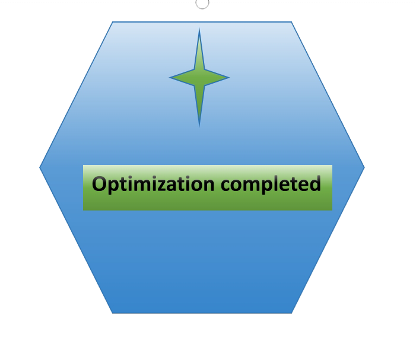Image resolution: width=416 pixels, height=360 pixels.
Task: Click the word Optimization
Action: point(154,184)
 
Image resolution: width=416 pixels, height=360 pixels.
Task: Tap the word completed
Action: point(271,185)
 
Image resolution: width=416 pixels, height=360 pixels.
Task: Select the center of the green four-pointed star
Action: point(199,78)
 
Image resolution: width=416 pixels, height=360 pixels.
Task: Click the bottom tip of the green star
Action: point(199,125)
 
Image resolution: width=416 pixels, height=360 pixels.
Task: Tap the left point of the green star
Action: point(170,78)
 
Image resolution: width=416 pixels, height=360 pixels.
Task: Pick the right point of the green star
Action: point(228,78)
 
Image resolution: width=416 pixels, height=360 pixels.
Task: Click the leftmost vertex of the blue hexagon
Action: point(40,167)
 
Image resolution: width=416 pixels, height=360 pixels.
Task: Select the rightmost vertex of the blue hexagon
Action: point(364,167)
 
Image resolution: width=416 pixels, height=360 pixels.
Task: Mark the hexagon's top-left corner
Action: point(113,23)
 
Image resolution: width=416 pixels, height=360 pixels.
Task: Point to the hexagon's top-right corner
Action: point(292,23)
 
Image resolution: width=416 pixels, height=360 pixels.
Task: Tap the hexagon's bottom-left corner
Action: point(113,313)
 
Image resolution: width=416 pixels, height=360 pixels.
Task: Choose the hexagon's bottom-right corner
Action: point(292,313)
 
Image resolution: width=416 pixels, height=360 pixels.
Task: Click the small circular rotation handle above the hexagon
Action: point(202,3)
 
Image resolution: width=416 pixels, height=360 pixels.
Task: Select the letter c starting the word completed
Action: point(227,186)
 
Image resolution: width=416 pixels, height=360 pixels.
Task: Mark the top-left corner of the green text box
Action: point(83,165)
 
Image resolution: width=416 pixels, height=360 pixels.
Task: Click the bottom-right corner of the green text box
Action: point(332,210)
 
